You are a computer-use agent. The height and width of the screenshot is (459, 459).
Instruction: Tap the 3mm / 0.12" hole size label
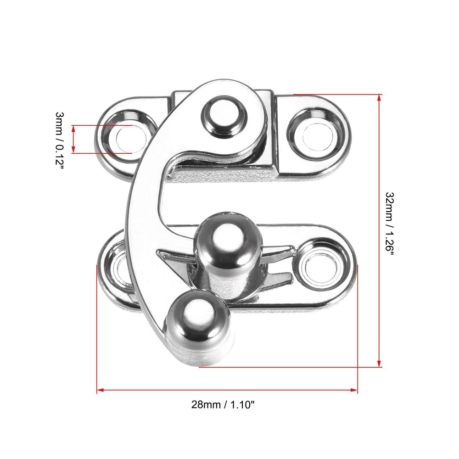click(x=59, y=140)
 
